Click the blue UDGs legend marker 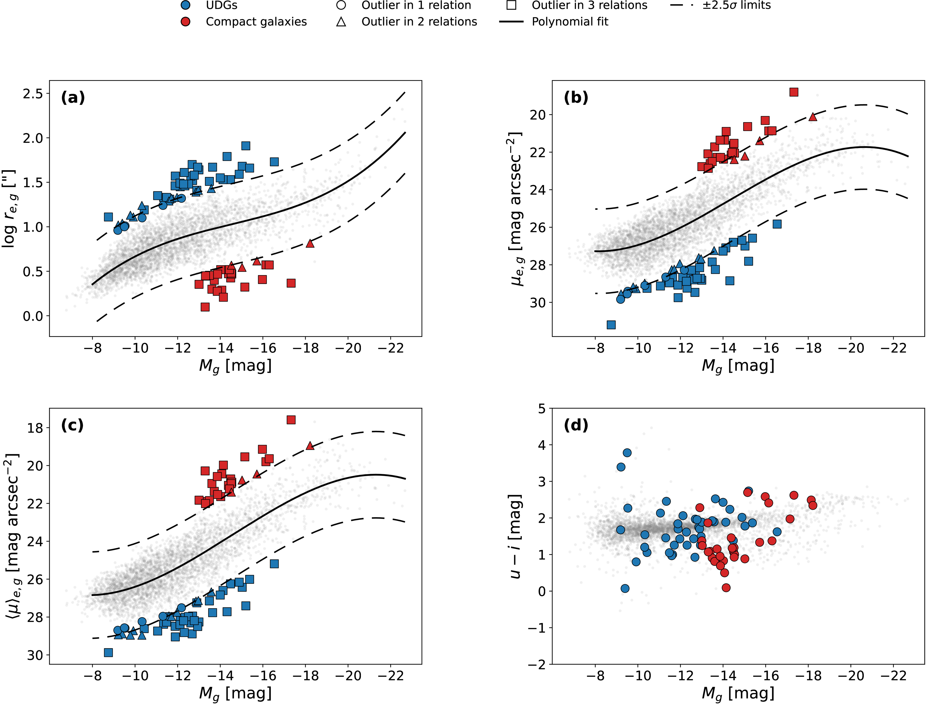(x=185, y=5)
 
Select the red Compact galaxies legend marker (x=185, y=22)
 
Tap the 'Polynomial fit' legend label (x=570, y=22)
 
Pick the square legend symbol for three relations (x=511, y=5)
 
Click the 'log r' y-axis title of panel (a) (x=9, y=208)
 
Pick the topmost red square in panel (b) (x=794, y=92)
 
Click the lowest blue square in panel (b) (x=611, y=325)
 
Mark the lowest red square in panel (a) (x=205, y=307)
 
